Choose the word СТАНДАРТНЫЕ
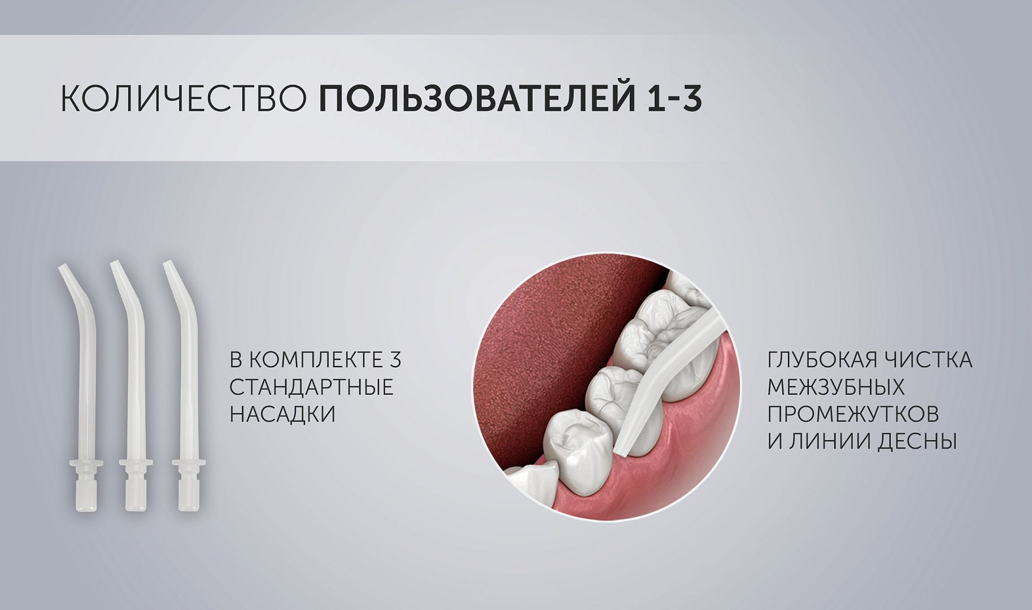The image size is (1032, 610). point(312,387)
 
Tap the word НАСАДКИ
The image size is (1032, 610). point(283,414)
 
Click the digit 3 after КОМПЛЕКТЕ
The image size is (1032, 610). point(395,360)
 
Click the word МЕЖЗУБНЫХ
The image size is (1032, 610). point(836,387)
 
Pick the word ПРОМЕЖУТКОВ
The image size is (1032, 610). point(853,414)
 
